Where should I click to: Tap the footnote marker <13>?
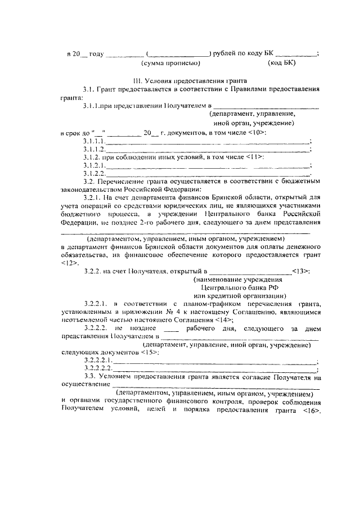300,271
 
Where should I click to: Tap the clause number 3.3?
90,376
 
